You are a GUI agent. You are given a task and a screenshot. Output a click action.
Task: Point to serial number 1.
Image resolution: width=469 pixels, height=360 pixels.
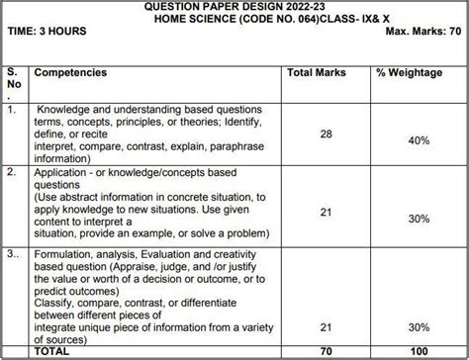click(11, 111)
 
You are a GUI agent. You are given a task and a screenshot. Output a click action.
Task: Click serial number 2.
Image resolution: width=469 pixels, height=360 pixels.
click(11, 171)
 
